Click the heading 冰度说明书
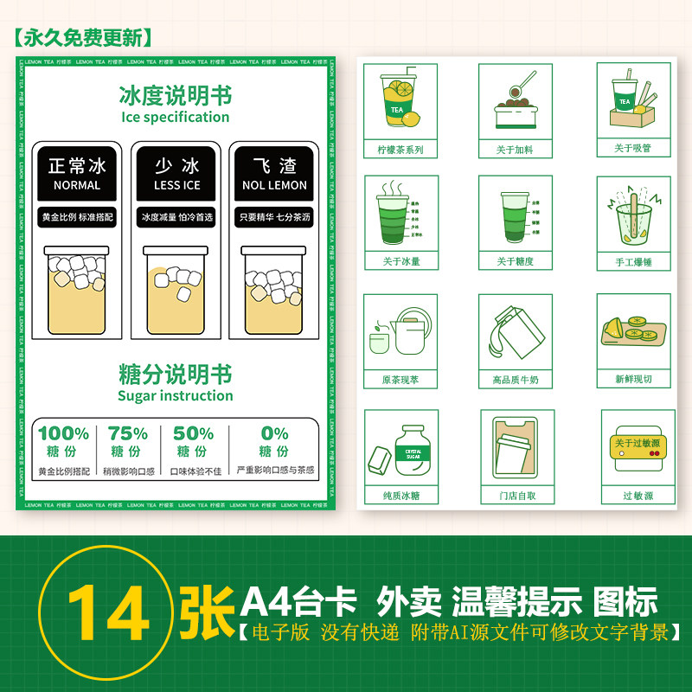[x=176, y=95]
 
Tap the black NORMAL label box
[x=77, y=174]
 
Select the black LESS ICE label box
[x=176, y=174]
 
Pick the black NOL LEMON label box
[x=274, y=174]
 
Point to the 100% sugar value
[x=63, y=433]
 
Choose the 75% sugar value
[x=127, y=433]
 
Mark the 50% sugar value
[x=193, y=433]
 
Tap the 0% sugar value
[x=274, y=433]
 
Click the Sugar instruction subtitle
[x=176, y=396]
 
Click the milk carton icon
[x=516, y=332]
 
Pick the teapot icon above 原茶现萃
[x=400, y=332]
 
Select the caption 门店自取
[x=517, y=497]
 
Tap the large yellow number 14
[x=108, y=610]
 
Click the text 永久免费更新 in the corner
[x=83, y=37]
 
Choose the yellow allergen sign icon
[x=638, y=448]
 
